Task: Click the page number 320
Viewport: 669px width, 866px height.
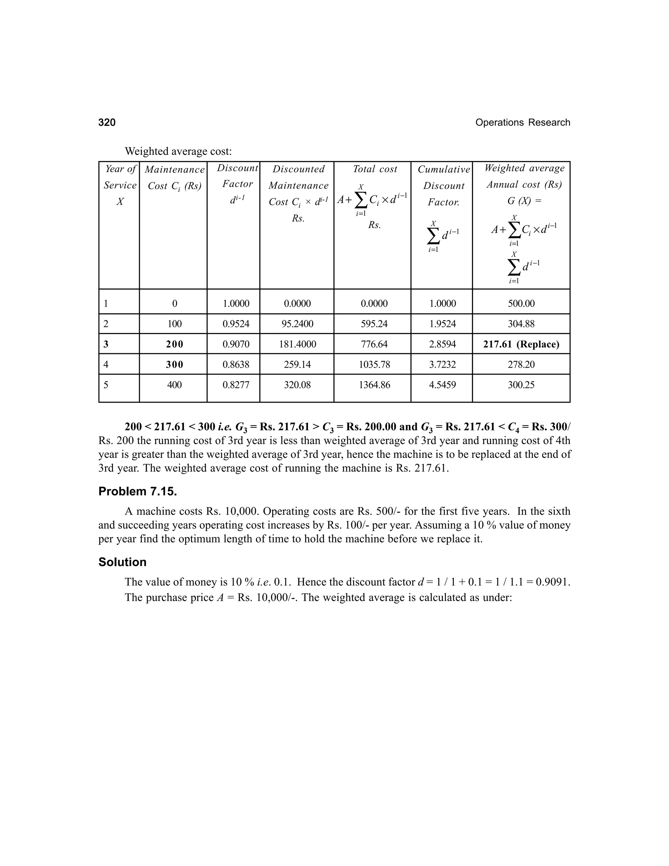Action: point(107,123)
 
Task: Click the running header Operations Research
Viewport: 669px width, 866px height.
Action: point(522,123)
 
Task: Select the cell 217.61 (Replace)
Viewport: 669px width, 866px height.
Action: point(521,344)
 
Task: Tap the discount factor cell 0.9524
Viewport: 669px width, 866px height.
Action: point(236,324)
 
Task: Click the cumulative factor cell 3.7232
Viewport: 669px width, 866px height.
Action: point(442,364)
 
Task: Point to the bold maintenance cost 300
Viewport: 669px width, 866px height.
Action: point(174,364)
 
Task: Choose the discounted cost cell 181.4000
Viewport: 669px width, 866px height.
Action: point(297,344)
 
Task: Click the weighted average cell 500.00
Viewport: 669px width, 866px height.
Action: point(521,304)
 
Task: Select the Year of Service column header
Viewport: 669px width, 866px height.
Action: point(120,185)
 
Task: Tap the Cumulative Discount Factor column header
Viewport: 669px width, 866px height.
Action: point(444,186)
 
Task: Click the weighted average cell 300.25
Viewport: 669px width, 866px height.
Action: point(521,385)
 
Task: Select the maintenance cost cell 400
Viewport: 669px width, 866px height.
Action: point(174,385)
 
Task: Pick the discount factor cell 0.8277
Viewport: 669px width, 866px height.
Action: point(236,385)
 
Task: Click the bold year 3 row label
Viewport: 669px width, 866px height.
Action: point(106,344)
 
